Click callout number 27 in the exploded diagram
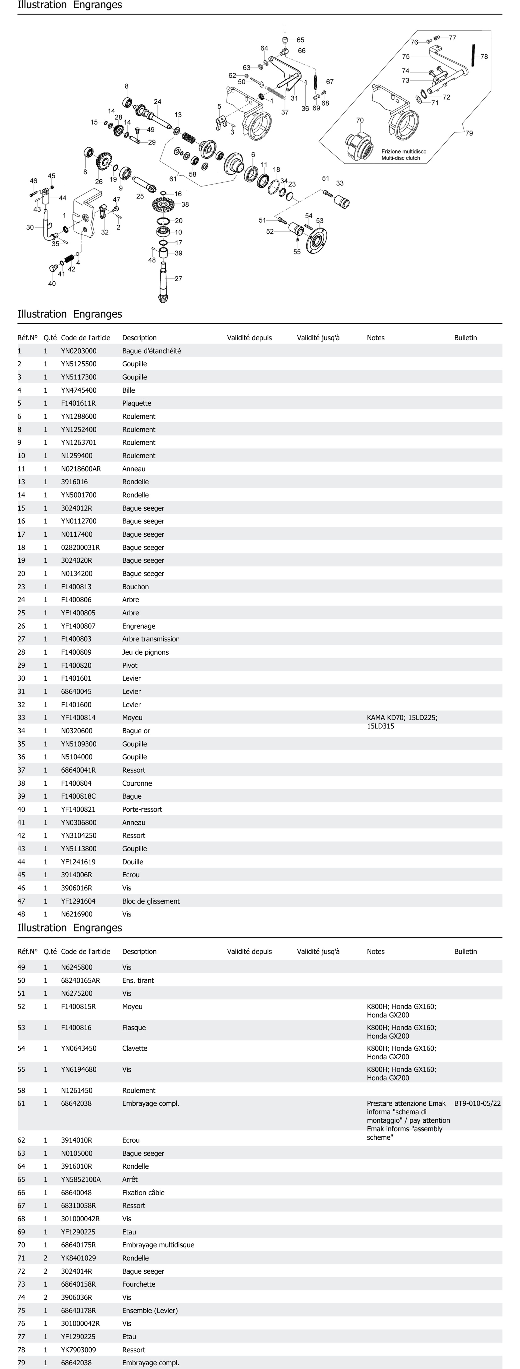(x=178, y=278)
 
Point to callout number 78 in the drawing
(x=484, y=56)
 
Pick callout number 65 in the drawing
(x=300, y=40)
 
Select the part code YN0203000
(x=79, y=351)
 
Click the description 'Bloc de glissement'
(x=151, y=901)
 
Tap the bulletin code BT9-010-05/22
(x=477, y=1103)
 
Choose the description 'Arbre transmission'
(x=151, y=639)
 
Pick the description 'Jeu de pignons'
(x=145, y=652)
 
